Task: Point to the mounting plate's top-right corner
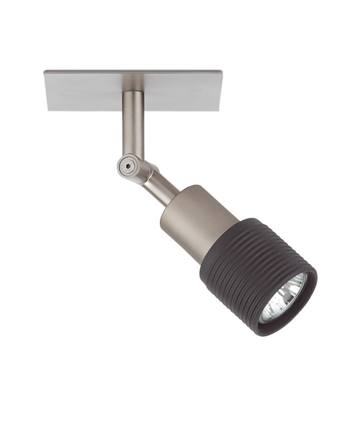220,70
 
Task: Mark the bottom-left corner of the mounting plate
49,111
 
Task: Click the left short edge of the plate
46,91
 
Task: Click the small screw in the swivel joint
127,165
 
